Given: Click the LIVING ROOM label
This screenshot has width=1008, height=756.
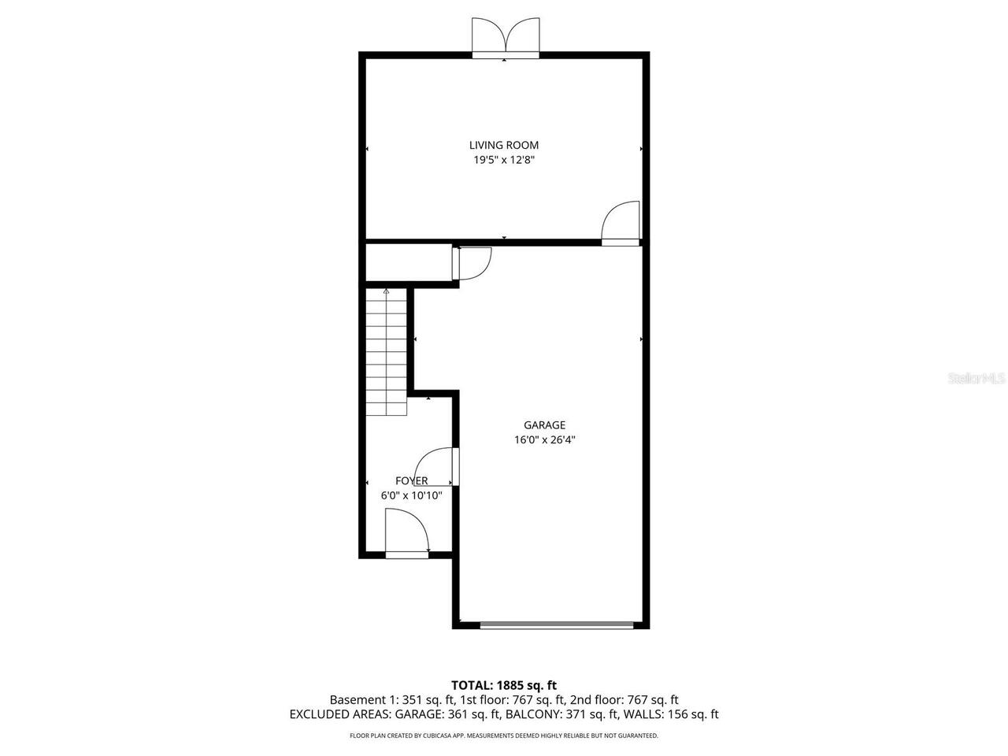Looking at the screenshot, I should (504, 145).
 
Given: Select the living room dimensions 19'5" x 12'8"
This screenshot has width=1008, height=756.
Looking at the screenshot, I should (504, 160).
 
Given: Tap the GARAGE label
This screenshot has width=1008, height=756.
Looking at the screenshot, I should (544, 425).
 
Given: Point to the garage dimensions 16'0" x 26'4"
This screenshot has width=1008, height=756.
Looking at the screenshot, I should (544, 441).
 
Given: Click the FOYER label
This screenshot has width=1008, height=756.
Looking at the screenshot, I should (411, 481).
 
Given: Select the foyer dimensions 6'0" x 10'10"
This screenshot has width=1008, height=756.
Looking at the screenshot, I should (411, 496).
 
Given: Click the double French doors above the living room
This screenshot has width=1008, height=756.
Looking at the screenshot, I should (506, 38).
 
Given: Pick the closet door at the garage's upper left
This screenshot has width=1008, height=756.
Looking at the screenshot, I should (472, 262).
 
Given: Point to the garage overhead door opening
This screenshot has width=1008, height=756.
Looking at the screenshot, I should (557, 625).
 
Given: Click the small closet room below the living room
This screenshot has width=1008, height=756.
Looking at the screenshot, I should (408, 262).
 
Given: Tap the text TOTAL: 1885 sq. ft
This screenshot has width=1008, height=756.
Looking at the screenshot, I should (504, 685).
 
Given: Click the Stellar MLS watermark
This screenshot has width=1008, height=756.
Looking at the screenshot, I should (976, 378).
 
